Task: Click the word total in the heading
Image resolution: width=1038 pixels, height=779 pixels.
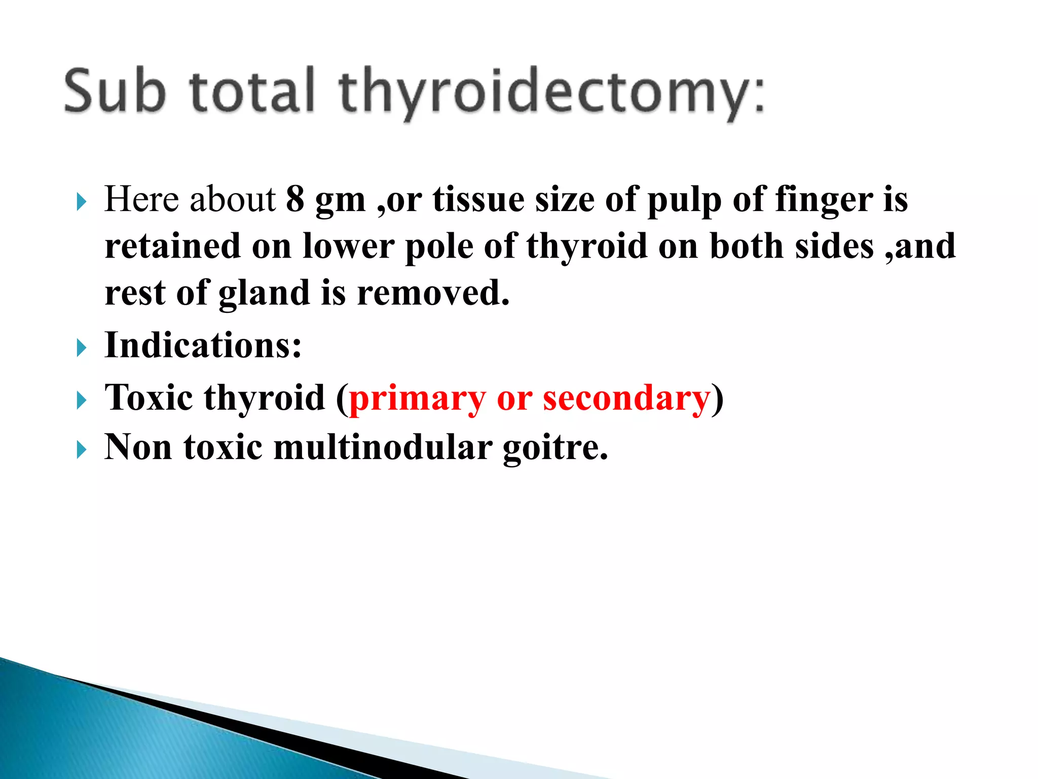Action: tap(253, 91)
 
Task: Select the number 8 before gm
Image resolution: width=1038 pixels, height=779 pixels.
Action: tap(295, 199)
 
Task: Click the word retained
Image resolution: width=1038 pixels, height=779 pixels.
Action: tap(172, 246)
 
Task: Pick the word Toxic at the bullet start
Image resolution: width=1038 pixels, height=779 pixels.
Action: tap(149, 397)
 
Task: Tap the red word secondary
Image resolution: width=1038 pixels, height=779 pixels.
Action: tap(626, 398)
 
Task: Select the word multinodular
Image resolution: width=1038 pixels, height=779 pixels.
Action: tap(383, 447)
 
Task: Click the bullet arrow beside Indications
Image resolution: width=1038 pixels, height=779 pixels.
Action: tap(82, 348)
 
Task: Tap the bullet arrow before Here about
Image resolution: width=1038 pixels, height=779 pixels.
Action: tap(82, 202)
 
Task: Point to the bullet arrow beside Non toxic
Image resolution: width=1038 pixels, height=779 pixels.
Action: tap(82, 449)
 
